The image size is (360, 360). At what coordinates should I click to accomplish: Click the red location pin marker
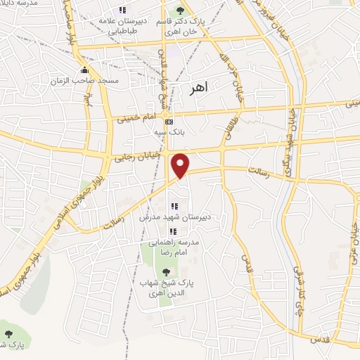point(181,165)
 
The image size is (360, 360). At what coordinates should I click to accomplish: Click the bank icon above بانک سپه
point(167,122)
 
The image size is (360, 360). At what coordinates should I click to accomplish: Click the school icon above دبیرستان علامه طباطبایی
point(122,10)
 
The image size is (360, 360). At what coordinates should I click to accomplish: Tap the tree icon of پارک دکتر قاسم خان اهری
point(181,11)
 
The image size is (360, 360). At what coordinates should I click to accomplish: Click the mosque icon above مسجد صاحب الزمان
point(85,70)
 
